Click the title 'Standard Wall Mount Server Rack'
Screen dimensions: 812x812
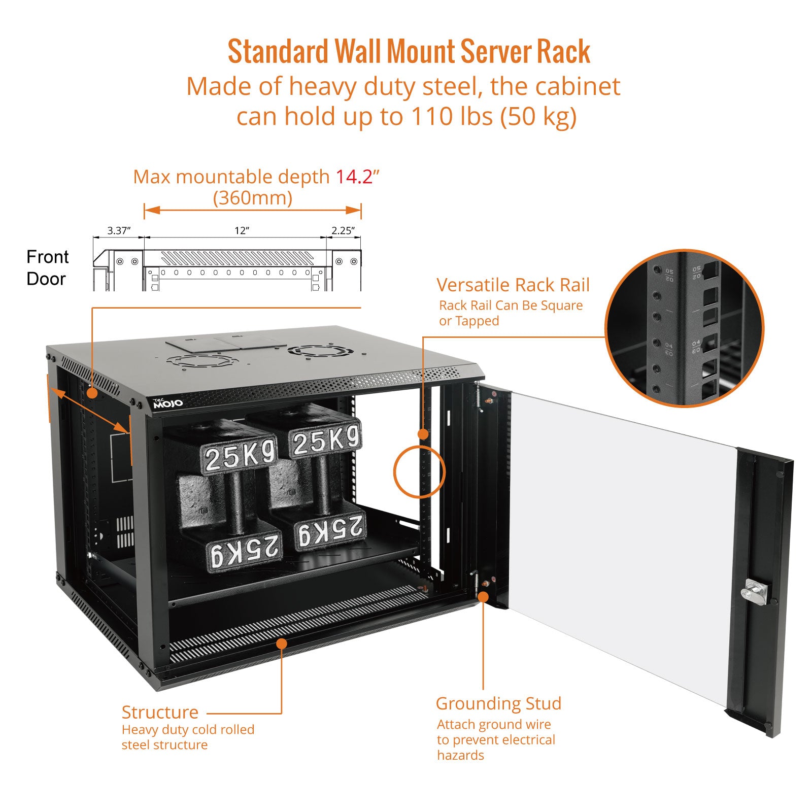[x=409, y=52]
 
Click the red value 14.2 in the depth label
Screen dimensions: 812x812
[x=354, y=177]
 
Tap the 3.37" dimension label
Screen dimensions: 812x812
[x=119, y=231]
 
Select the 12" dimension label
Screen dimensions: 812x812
[x=242, y=231]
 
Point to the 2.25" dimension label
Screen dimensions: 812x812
[x=343, y=231]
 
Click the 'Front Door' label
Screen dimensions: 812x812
[x=47, y=267]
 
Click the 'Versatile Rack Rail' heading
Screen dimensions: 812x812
[x=513, y=285]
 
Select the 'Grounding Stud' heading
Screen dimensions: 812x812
[x=498, y=703]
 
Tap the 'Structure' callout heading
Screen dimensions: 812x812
[x=160, y=712]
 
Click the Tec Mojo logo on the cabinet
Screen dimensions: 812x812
[x=167, y=403]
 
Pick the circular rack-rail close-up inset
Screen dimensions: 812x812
[x=684, y=328]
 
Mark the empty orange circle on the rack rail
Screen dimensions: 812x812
[x=419, y=471]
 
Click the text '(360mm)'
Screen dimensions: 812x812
[x=252, y=198]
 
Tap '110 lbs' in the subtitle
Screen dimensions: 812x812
[x=452, y=117]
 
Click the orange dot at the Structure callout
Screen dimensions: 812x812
[x=281, y=644]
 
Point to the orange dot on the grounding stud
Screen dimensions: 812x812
[x=483, y=597]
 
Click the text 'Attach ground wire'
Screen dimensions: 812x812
[x=494, y=724]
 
